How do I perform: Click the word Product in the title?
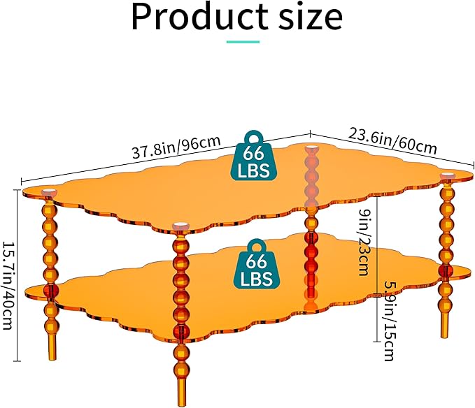click(200, 17)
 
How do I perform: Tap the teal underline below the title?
click(243, 42)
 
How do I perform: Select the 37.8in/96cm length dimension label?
click(176, 147)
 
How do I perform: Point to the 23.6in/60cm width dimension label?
click(392, 141)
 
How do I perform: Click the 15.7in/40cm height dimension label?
click(8, 285)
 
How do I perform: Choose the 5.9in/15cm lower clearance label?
click(390, 321)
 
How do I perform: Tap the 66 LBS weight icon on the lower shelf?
click(257, 264)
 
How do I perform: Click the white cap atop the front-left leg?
click(48, 191)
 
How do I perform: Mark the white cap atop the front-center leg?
click(180, 226)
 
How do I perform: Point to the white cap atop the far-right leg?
click(448, 175)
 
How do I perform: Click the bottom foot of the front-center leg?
click(182, 392)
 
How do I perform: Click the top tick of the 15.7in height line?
click(17, 189)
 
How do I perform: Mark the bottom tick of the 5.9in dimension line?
click(376, 342)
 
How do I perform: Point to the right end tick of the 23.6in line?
click(473, 165)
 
